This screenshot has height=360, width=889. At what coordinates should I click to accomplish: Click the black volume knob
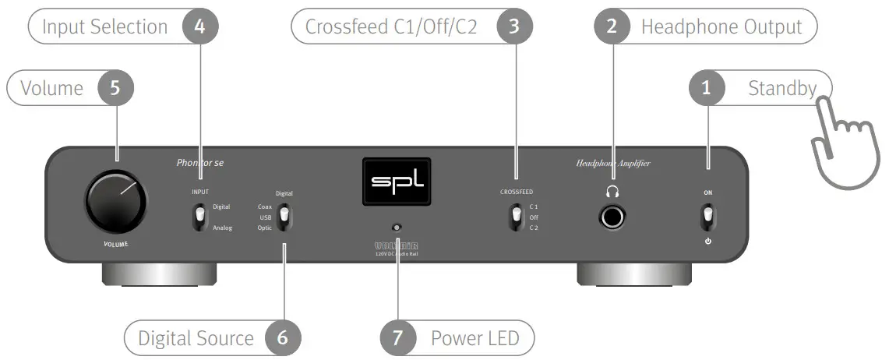[115, 203]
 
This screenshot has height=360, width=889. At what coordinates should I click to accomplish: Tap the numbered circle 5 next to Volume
[115, 88]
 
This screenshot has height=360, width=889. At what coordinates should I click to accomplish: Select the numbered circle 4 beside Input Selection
[199, 26]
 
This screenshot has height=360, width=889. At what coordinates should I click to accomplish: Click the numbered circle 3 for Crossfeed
[513, 26]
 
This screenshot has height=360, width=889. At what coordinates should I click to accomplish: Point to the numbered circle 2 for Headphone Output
[612, 26]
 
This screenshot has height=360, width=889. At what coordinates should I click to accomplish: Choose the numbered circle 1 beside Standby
[707, 88]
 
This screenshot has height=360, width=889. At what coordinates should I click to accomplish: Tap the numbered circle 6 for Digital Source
[282, 338]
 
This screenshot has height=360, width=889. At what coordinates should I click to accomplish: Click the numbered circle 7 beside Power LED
[398, 338]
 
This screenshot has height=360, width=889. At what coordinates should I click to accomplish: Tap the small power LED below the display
[397, 228]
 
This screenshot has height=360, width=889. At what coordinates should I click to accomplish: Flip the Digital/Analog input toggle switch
[200, 217]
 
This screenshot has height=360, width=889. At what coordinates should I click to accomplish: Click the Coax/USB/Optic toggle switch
[284, 217]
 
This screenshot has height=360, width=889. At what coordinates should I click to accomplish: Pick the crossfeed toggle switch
[515, 217]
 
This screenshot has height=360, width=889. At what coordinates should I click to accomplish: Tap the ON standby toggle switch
[707, 216]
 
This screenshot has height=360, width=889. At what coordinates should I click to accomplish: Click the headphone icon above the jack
[613, 190]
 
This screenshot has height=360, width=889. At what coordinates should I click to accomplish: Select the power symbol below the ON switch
[707, 242]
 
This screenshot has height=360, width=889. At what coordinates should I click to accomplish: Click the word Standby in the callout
[781, 88]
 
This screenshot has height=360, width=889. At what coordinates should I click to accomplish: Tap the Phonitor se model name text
[200, 164]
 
